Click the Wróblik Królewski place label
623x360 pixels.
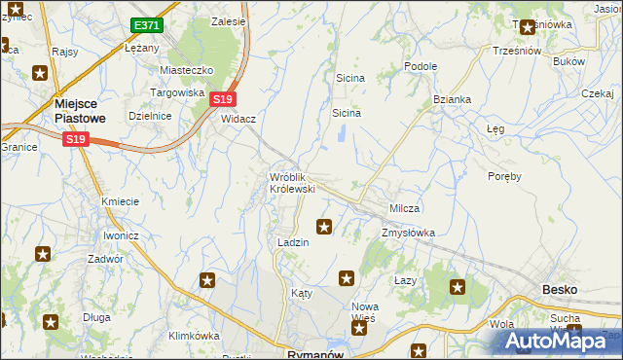click(291, 182)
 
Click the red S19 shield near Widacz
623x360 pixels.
click(223, 98)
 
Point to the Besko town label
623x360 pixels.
click(559, 290)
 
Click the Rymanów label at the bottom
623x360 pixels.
click(305, 354)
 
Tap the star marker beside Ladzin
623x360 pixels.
click(324, 228)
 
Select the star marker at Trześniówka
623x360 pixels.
click(528, 27)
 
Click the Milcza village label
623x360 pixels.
click(404, 209)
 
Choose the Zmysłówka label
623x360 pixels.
click(408, 234)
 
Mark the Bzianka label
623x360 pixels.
click(452, 99)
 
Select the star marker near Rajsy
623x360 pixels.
click(40, 72)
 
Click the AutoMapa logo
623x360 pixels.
click(556, 342)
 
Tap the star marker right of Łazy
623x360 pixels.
click(457, 287)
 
